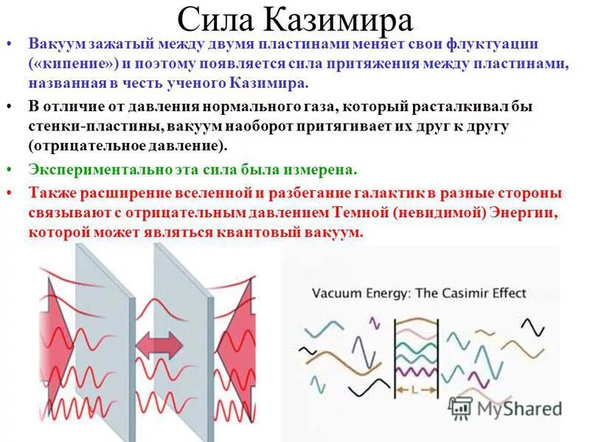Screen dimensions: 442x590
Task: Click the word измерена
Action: pyautogui.click(x=319, y=169)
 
